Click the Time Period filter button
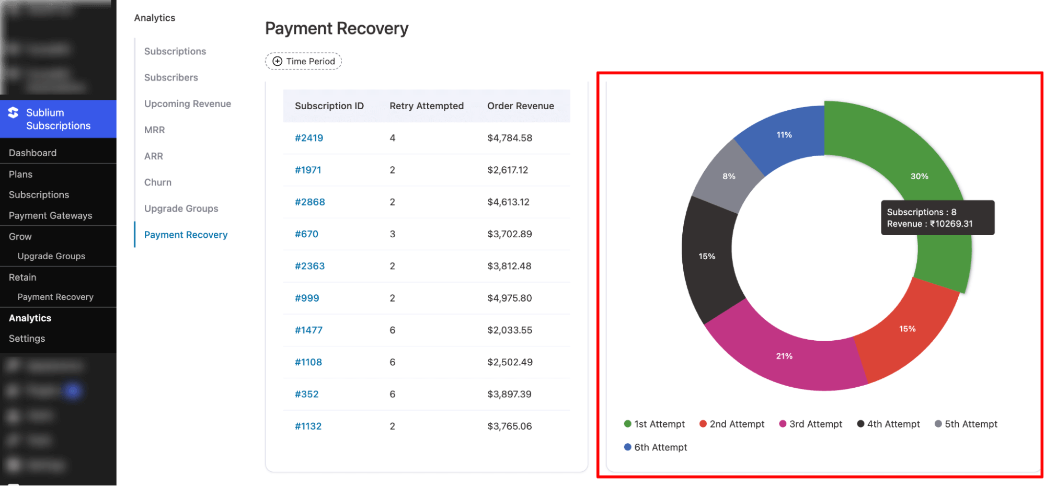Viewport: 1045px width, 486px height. point(303,61)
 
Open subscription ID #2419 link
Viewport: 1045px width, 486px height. point(308,138)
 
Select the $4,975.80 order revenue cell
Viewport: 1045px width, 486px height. point(509,298)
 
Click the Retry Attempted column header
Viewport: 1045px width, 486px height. point(426,106)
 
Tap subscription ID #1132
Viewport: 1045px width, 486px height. point(308,426)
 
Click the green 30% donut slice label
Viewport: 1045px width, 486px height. point(919,176)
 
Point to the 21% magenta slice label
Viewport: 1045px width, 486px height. point(784,356)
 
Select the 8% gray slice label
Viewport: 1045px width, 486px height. point(729,176)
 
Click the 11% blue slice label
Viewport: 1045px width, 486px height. point(784,135)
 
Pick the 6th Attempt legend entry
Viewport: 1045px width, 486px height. point(656,447)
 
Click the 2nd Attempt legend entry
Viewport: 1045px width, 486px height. point(732,424)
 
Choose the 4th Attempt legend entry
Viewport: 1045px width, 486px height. point(889,424)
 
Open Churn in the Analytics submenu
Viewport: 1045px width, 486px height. point(158,182)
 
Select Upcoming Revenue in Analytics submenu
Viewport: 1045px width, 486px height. point(187,103)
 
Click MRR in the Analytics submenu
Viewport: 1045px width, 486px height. point(154,130)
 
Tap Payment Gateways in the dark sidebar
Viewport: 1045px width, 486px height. point(50,215)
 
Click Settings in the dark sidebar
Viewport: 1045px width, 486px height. point(27,339)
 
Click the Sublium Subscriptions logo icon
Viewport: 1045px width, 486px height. point(13,112)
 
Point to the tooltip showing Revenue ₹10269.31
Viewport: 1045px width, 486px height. point(937,218)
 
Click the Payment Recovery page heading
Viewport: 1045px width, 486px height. point(337,28)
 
